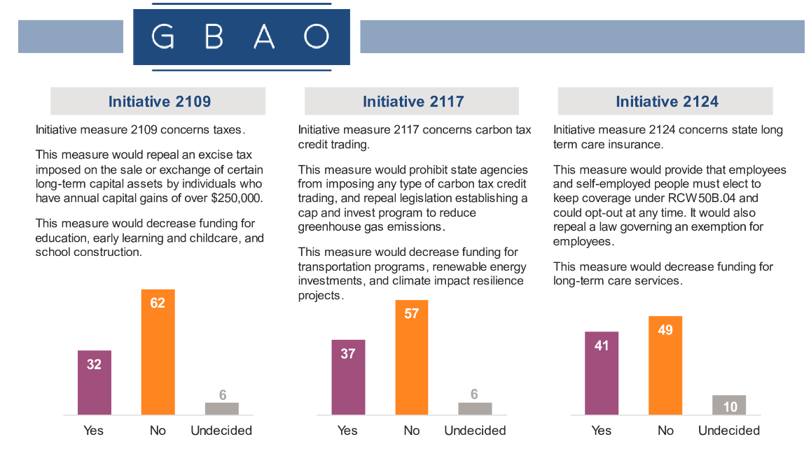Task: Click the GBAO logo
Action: coord(241,36)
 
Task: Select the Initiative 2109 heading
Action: coord(159,101)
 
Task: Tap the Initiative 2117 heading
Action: coord(413,101)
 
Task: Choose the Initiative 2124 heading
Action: coord(667,101)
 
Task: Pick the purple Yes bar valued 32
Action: coord(94,382)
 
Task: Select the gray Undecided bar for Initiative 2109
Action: coord(222,408)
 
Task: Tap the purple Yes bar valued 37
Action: coord(348,377)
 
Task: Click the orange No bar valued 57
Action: coord(411,357)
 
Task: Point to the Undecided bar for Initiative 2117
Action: coord(475,408)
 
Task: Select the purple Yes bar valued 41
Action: coord(602,373)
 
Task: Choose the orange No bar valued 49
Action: coord(665,365)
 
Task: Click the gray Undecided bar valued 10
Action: coord(729,405)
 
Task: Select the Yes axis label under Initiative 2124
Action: coord(602,431)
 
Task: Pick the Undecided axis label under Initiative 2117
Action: coord(475,431)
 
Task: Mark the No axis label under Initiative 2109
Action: coord(158,431)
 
